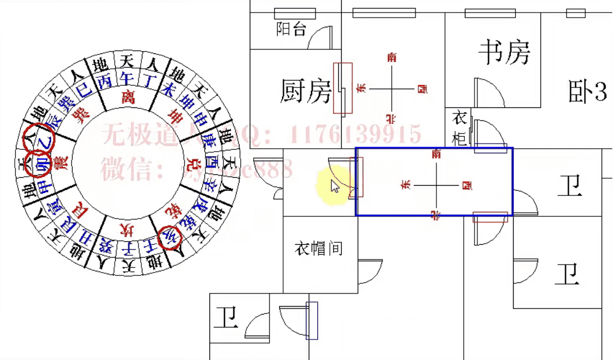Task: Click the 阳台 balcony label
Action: click(x=291, y=29)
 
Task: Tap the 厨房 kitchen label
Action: click(x=306, y=91)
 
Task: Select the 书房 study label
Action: click(x=504, y=52)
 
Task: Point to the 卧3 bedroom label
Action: click(x=587, y=91)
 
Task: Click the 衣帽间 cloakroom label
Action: click(x=318, y=248)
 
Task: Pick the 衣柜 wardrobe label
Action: click(x=459, y=128)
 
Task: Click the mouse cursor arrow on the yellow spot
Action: click(x=335, y=186)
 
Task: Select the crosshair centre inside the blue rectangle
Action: click(x=436, y=185)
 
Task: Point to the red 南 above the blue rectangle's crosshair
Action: click(x=436, y=153)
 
